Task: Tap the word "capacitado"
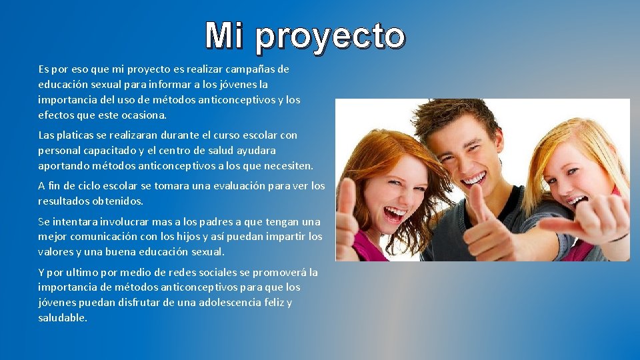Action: click(x=109, y=151)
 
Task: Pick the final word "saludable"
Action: click(x=62, y=318)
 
